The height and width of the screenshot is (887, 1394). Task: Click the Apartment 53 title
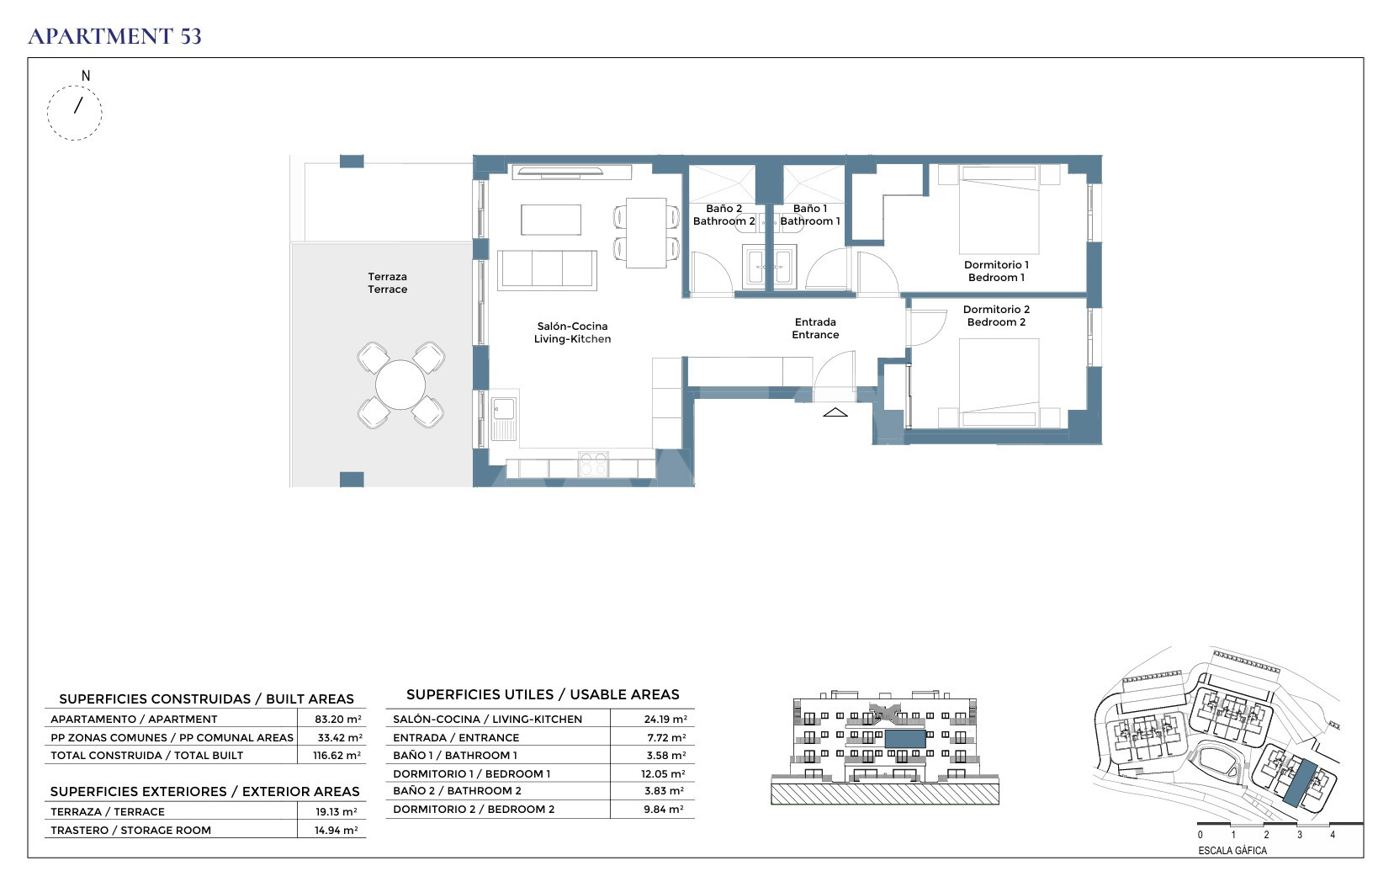115,36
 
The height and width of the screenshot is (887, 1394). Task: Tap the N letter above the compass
86,75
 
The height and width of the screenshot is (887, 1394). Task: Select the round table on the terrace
400,385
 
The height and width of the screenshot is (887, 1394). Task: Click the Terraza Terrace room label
387,283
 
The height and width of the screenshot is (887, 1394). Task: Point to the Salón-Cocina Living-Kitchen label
573,332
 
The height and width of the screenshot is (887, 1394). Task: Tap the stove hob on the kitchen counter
592,464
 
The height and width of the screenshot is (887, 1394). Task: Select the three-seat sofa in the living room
547,270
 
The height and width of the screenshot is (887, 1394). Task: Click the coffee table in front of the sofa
551,220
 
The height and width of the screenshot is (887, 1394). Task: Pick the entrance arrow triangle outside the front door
835,412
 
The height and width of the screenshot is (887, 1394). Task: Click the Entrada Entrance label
815,328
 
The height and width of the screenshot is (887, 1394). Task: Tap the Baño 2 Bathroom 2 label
724,215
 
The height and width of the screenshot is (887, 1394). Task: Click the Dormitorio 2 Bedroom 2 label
996,316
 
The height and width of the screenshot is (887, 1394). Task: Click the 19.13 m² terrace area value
336,812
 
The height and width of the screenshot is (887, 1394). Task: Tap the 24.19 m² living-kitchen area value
665,719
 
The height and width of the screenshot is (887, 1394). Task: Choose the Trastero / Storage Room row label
130,830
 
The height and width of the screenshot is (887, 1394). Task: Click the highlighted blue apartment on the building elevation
905,739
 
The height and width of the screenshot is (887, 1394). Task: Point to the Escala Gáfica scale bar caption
1232,851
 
